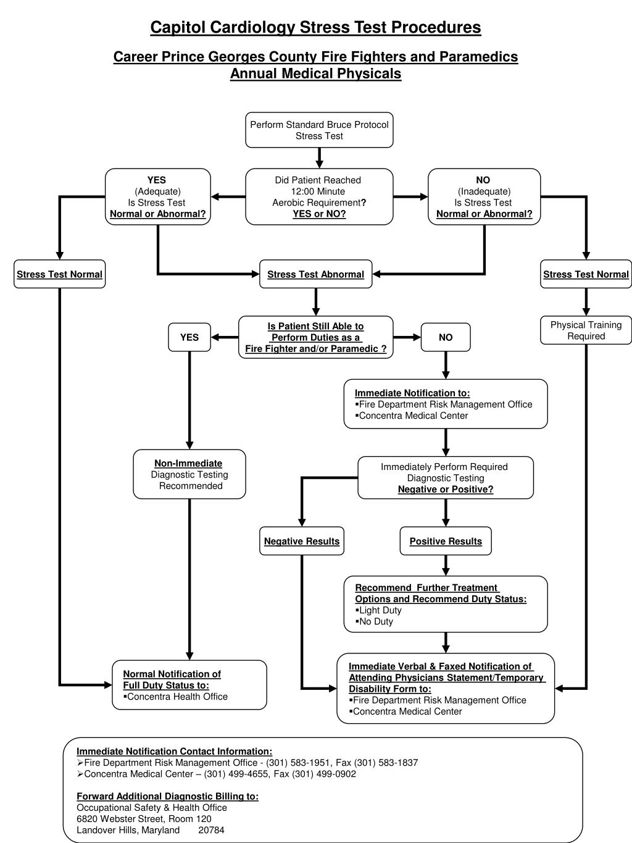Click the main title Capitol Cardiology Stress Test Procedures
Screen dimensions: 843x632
click(315, 28)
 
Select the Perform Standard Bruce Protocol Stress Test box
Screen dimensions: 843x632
click(319, 130)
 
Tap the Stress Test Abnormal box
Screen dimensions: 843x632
click(315, 274)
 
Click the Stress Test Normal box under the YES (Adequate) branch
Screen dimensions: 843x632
click(60, 274)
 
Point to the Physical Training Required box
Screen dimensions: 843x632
click(586, 330)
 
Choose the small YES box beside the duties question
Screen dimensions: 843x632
click(189, 337)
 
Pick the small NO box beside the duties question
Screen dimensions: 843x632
click(446, 337)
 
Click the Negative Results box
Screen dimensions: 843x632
click(302, 542)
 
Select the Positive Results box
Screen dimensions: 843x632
click(446, 542)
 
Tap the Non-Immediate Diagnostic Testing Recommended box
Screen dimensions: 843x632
click(189, 474)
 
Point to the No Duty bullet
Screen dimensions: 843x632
click(376, 621)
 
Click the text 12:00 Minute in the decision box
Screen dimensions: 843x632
click(318, 191)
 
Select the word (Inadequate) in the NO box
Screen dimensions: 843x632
click(484, 191)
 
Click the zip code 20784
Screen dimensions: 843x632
click(211, 830)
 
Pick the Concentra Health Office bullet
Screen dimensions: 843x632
click(177, 697)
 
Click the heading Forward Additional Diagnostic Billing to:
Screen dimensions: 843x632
click(167, 796)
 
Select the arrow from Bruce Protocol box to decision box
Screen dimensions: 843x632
click(319, 158)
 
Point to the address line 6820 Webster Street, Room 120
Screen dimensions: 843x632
click(144, 819)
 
